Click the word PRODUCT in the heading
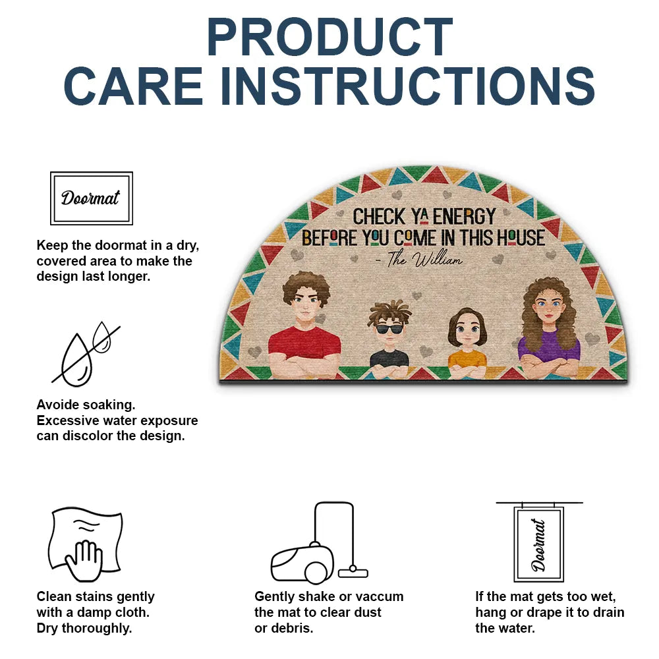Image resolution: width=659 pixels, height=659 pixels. tap(329, 37)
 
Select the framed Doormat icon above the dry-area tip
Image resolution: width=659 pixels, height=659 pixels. tap(92, 198)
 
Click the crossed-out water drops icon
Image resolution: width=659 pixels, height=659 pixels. tap(86, 353)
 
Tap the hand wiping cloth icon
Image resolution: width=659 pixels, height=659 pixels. tap(86, 544)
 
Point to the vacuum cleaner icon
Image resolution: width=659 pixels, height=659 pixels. tap(320, 542)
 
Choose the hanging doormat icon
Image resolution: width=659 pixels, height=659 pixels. tap(539, 542)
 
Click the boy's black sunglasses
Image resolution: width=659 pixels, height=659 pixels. tap(389, 329)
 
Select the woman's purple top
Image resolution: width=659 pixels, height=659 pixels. tap(549, 345)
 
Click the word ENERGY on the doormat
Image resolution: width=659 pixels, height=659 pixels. tap(464, 216)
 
